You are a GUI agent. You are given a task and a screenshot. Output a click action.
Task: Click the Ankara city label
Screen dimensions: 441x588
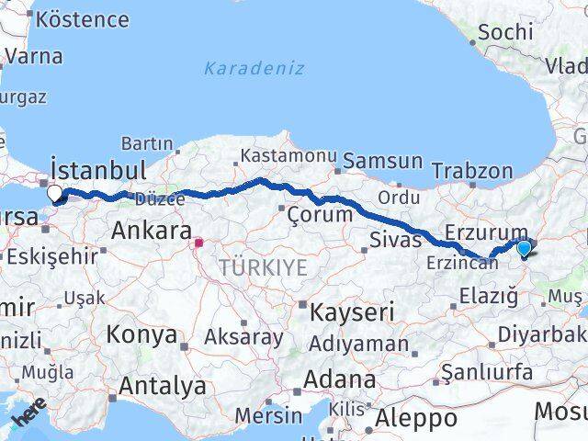[151, 231]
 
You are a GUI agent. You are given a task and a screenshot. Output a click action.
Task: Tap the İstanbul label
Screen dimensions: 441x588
[99, 170]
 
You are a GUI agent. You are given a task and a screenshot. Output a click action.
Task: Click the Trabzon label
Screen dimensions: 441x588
[471, 171]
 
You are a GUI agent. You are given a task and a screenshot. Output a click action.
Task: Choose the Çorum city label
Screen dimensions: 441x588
[320, 214]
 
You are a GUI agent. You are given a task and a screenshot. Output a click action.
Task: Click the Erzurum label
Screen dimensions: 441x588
[487, 233]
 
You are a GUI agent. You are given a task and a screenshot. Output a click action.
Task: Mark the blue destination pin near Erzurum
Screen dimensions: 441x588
[524, 247]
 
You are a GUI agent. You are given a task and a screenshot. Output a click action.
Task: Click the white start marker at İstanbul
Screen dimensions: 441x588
[54, 193]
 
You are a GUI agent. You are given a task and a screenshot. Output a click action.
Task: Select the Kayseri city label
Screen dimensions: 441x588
[352, 312]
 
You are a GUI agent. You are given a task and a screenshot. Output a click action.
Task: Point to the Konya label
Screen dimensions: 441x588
[141, 334]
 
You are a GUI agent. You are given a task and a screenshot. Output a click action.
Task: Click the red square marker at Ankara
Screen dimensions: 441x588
[198, 243]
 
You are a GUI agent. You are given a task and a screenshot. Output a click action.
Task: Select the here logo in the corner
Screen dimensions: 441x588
[28, 415]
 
